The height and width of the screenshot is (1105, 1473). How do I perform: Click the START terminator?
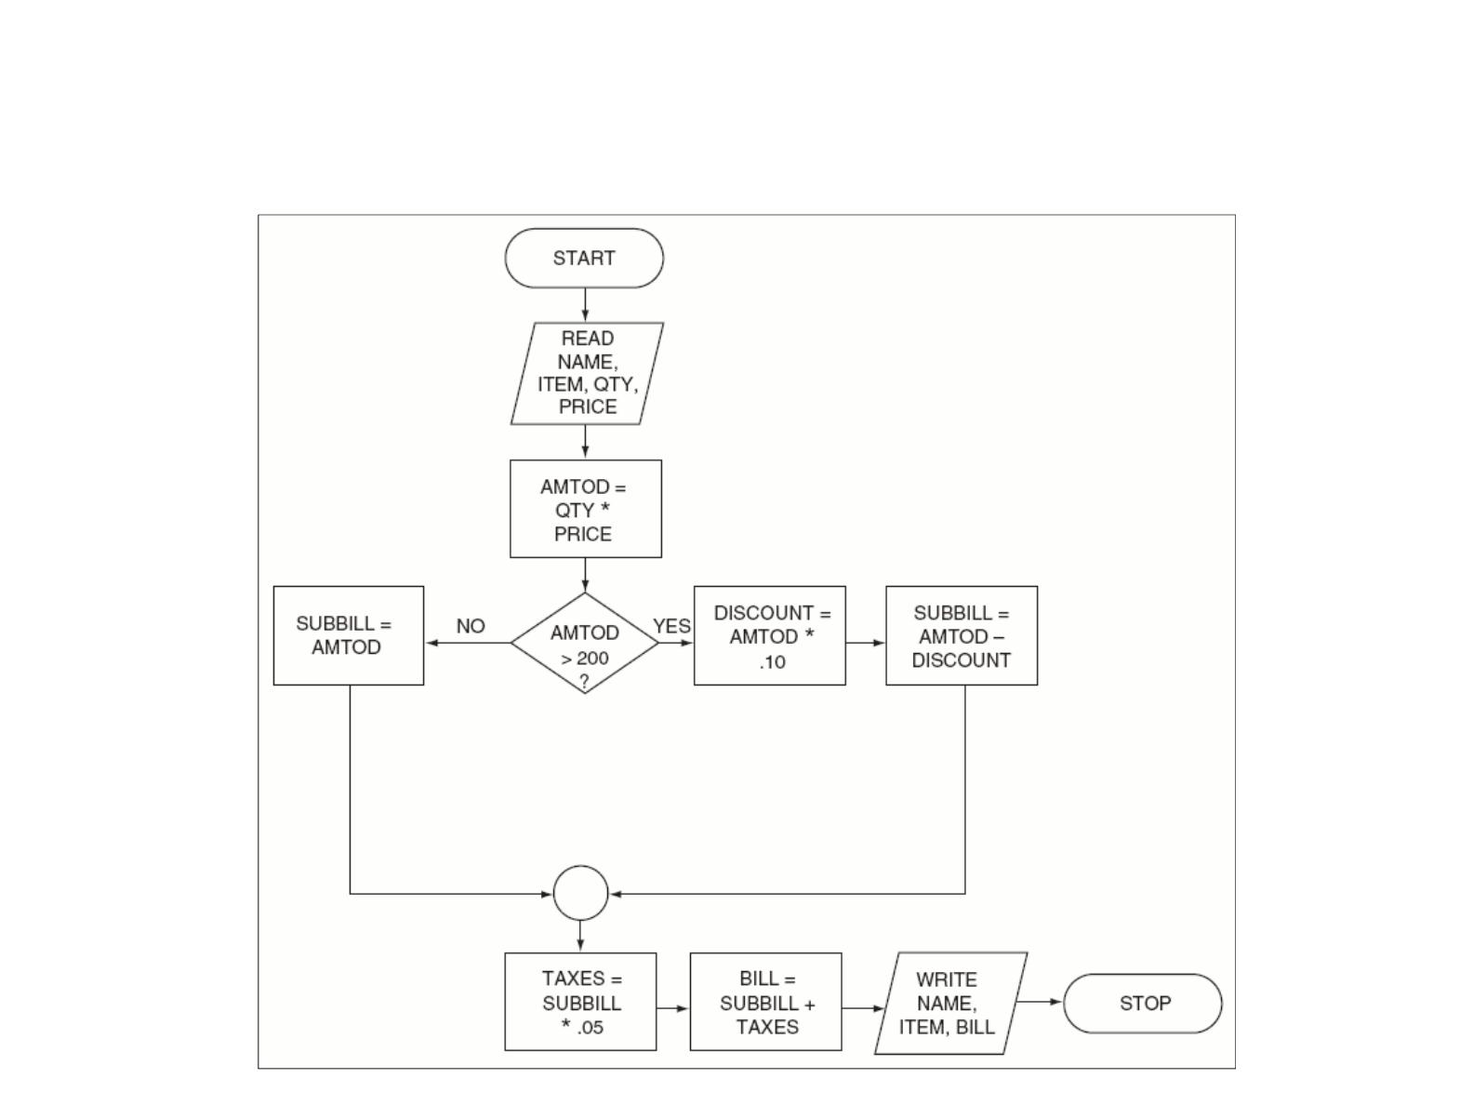coord(584,259)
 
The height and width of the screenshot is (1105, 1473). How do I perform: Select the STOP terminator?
coord(1143,1004)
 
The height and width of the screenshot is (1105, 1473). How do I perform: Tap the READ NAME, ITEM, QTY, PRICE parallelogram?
coord(587,373)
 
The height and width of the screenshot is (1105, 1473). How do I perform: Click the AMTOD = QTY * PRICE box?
coord(586,509)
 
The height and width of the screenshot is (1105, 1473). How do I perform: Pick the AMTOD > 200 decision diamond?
coord(585,643)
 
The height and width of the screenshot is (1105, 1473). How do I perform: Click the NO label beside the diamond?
coord(471,626)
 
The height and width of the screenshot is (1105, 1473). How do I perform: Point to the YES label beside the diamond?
coord(671,626)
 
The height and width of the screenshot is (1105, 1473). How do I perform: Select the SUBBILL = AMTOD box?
coord(349,635)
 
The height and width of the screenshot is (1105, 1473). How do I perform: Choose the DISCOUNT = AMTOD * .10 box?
coord(770,635)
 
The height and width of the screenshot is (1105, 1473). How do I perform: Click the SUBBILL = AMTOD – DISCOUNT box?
coord(962,635)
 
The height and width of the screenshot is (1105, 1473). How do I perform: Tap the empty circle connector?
coord(581,893)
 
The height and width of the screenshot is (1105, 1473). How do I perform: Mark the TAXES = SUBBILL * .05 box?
coord(580,1002)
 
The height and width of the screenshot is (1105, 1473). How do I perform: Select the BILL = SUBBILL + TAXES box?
coord(765,1002)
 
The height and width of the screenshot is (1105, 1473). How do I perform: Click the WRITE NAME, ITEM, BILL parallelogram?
coord(951,1003)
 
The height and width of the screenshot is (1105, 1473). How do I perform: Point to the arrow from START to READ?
coord(585,305)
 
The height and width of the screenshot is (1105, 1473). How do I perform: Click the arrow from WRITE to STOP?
coord(1041,1002)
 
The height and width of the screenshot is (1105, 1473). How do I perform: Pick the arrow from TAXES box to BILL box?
coord(673,1008)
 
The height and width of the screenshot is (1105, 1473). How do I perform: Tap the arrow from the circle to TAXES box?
coord(580,936)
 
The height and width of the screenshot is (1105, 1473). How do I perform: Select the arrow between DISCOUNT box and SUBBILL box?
coord(866,643)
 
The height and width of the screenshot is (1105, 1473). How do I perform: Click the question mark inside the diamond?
coord(584,681)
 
